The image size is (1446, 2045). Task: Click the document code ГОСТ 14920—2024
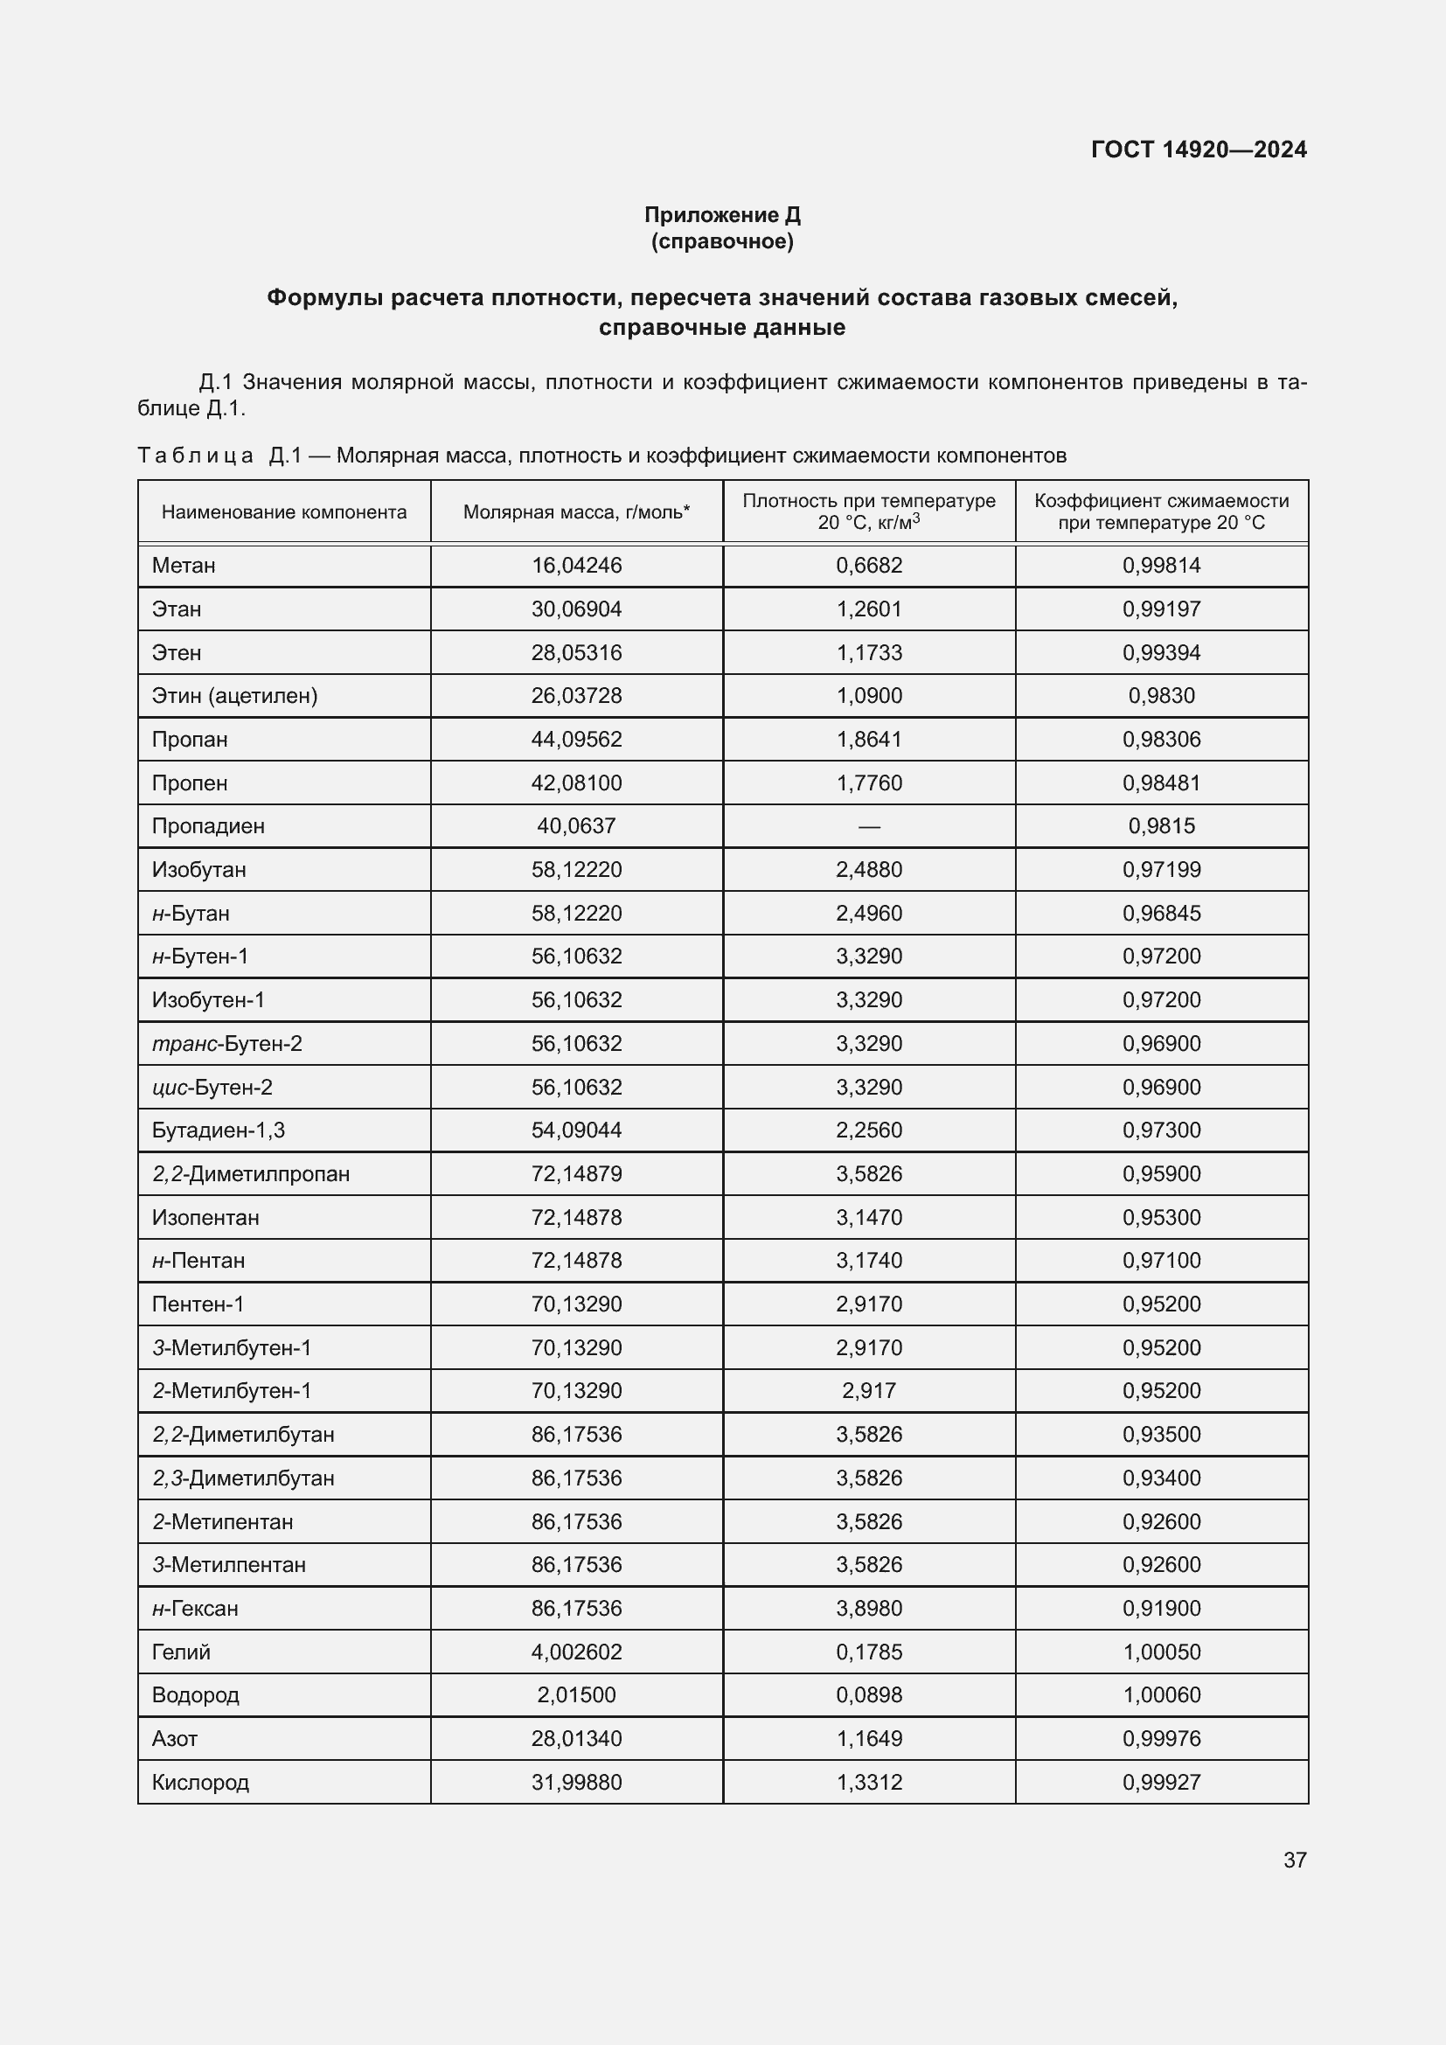click(x=1199, y=150)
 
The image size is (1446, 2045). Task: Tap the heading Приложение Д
click(x=722, y=215)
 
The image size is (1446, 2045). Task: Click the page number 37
click(x=1295, y=1860)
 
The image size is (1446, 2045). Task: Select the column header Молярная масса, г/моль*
click(x=576, y=512)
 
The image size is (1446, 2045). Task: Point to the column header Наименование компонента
click(x=284, y=512)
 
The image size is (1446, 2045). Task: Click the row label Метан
click(x=184, y=566)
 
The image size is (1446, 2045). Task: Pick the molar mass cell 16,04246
click(x=576, y=566)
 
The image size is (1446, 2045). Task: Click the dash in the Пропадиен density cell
click(x=869, y=826)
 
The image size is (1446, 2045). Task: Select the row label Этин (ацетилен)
click(x=234, y=696)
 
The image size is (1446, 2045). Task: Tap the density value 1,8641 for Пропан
click(x=869, y=740)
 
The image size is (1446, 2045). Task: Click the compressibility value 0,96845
click(x=1161, y=913)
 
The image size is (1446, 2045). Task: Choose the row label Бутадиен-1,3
click(x=219, y=1130)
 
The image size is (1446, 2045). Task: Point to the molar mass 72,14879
click(x=576, y=1174)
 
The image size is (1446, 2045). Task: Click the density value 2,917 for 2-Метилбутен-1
click(x=869, y=1390)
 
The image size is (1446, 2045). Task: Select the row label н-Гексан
click(x=195, y=1609)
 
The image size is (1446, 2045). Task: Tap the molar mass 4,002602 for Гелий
click(x=576, y=1652)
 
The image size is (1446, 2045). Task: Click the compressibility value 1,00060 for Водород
click(x=1161, y=1695)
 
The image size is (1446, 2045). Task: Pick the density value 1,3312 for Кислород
click(x=869, y=1782)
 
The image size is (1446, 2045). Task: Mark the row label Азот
click(x=175, y=1739)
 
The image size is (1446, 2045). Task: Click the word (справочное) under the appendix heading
click(x=722, y=242)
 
